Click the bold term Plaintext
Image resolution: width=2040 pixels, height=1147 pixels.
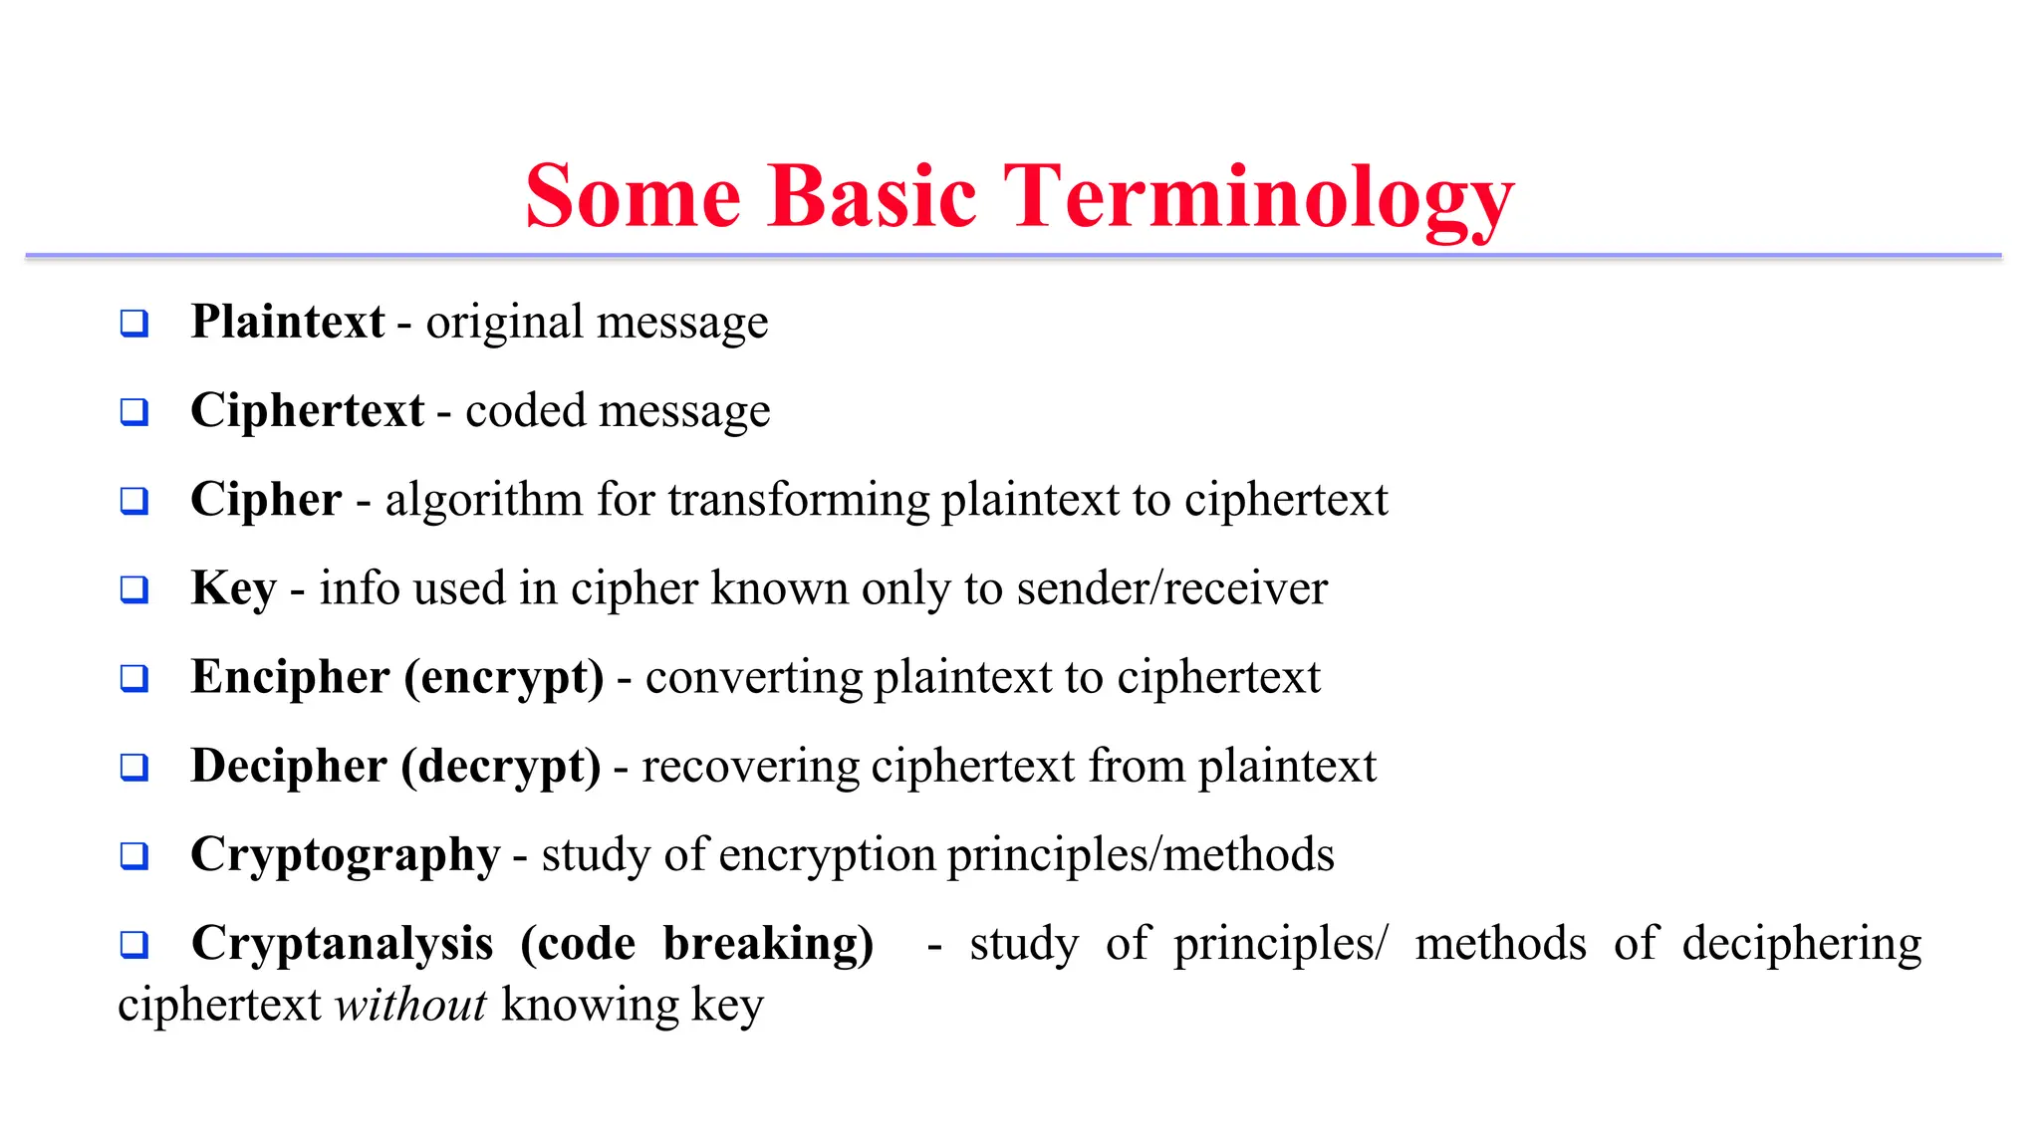[288, 322]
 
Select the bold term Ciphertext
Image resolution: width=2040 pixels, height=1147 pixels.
[307, 410]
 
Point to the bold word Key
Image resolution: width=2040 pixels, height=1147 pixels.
[233, 587]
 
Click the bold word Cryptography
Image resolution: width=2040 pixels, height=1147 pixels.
[345, 854]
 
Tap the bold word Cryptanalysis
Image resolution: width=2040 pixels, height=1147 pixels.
[342, 943]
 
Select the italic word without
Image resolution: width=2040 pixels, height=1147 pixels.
[410, 1005]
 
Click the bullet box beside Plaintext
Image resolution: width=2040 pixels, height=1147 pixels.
[134, 324]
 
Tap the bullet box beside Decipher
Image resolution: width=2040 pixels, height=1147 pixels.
[134, 768]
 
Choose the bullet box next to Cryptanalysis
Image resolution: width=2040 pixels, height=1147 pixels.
[134, 945]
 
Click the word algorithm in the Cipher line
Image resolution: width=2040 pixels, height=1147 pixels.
[483, 500]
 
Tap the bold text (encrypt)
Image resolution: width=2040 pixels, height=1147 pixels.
[503, 677]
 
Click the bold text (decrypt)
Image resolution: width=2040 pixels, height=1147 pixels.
[500, 766]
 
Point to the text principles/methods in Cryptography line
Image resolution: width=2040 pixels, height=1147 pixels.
[1141, 854]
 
